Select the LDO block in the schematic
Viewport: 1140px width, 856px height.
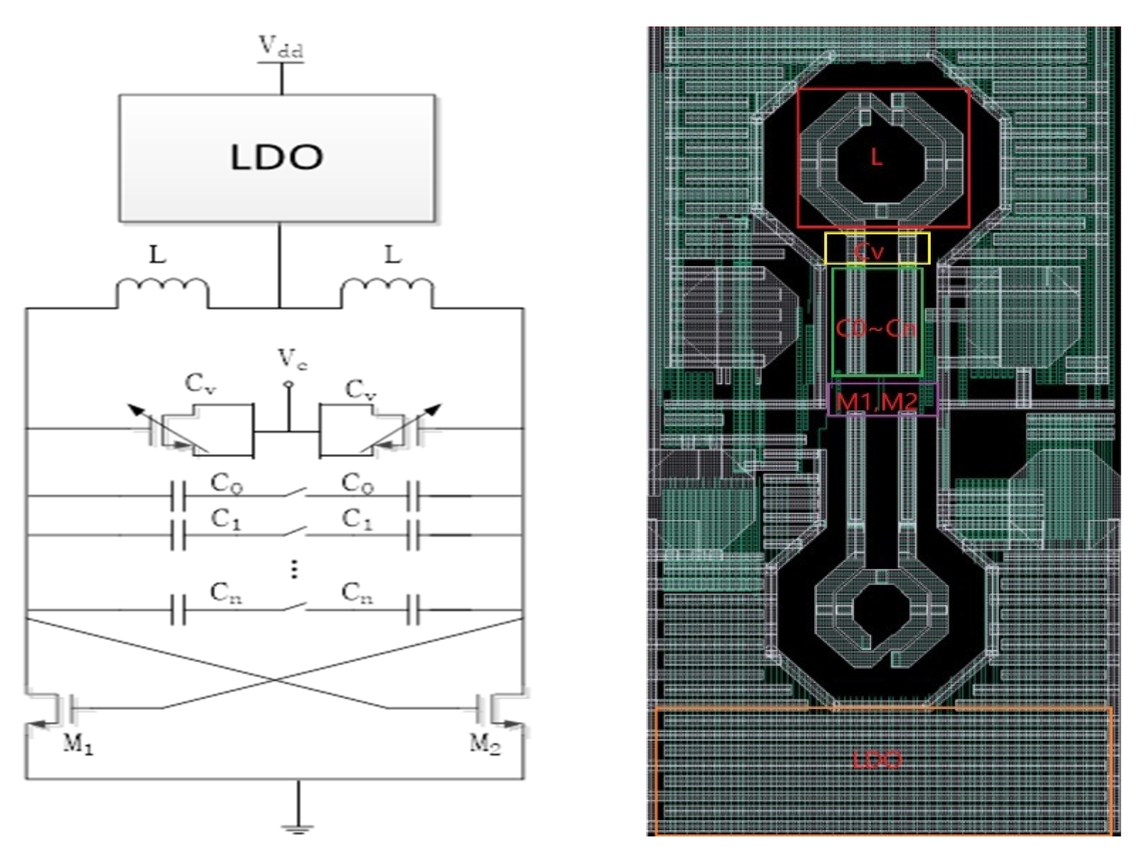point(276,157)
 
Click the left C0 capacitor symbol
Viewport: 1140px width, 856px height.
point(178,496)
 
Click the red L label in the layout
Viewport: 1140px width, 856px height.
point(876,157)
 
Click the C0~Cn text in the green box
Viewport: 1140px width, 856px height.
point(876,329)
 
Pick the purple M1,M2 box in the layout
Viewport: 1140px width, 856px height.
point(882,400)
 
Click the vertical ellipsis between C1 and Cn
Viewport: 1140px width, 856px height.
point(294,570)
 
